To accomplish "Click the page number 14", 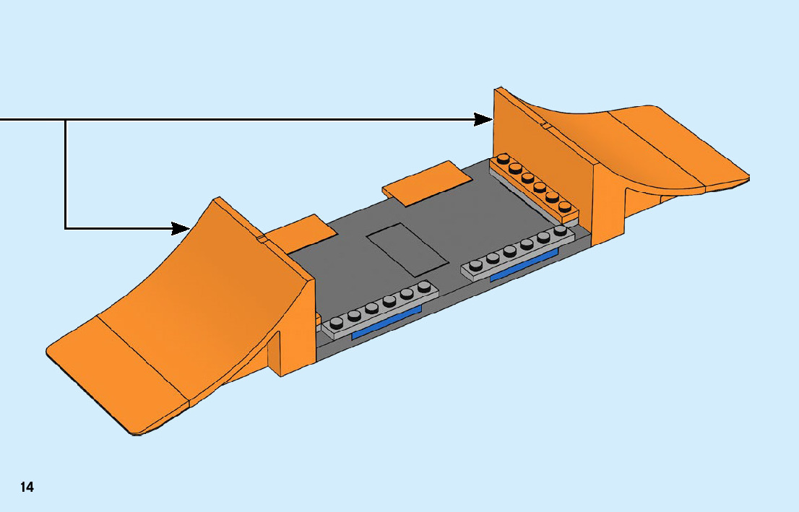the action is click(x=27, y=487).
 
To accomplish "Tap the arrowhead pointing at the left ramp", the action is click(x=181, y=228).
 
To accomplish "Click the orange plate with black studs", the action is click(x=535, y=186).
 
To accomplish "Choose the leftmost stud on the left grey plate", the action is click(x=336, y=321).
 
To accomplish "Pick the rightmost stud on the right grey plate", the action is click(x=560, y=230).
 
